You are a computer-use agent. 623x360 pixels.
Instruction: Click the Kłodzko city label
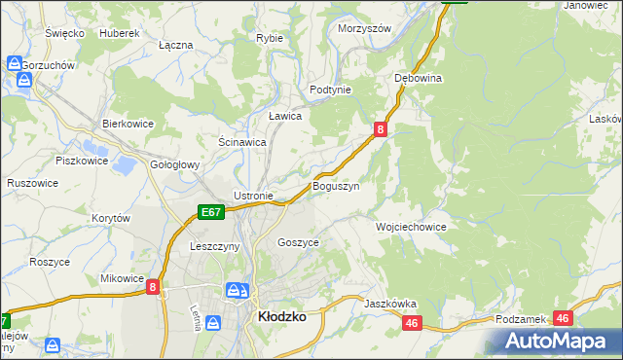(280, 316)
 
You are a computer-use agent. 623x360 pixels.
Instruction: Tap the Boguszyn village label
(336, 185)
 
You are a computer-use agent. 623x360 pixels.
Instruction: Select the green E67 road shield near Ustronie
(211, 211)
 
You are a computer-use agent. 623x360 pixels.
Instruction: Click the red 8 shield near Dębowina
(381, 128)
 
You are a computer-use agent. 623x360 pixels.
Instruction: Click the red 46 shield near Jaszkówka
(412, 323)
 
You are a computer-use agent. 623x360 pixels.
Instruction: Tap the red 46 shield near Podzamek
(562, 318)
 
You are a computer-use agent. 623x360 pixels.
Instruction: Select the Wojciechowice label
(411, 226)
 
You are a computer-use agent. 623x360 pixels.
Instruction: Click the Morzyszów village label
(364, 28)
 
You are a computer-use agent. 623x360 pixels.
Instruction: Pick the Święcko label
(64, 32)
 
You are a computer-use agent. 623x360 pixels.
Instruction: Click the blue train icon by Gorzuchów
(15, 64)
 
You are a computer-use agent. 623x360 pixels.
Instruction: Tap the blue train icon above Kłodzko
(236, 290)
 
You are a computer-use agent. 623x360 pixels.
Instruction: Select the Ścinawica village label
(242, 141)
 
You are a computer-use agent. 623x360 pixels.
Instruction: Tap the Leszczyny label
(215, 247)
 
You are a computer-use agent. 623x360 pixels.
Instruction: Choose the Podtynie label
(330, 89)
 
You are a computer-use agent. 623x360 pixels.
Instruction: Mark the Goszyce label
(298, 241)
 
